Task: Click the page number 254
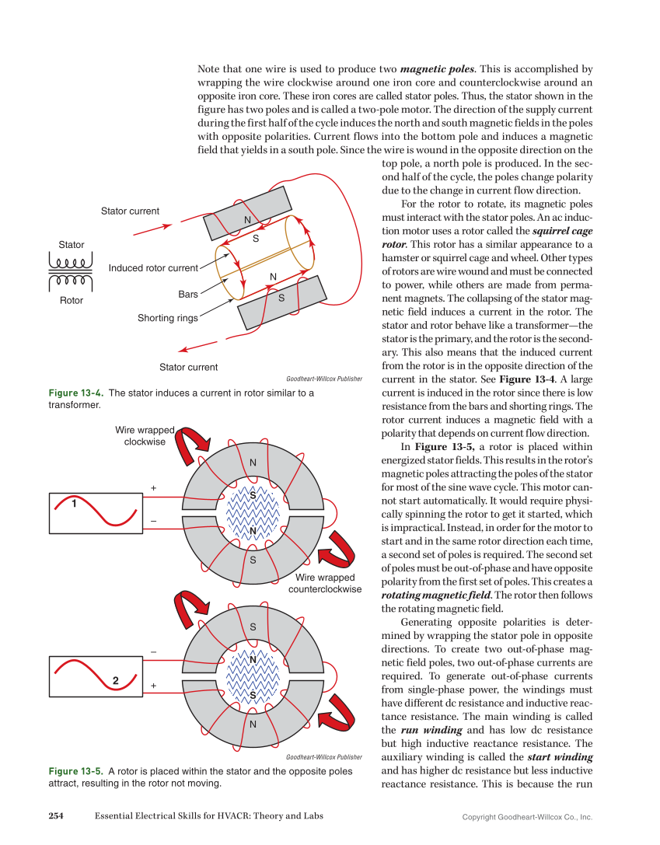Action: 55,815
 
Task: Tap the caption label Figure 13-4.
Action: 76,393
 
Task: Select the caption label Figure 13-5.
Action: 76,771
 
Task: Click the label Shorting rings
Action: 167,318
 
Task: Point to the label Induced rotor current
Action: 153,268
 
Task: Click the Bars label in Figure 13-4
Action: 188,295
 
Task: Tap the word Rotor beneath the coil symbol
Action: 71,300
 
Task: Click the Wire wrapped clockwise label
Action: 145,435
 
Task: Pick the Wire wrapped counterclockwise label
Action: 325,583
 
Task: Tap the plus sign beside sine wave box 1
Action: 154,488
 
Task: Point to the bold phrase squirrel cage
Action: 564,231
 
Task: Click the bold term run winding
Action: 431,730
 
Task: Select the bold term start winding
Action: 560,756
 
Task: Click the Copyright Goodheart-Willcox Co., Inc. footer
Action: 527,817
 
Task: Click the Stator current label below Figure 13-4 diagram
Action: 188,367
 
